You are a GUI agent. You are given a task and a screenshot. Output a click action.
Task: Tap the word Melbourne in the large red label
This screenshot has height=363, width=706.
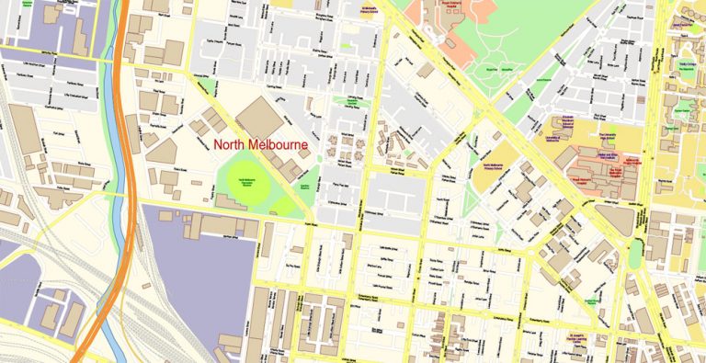pyautogui.click(x=279, y=145)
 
